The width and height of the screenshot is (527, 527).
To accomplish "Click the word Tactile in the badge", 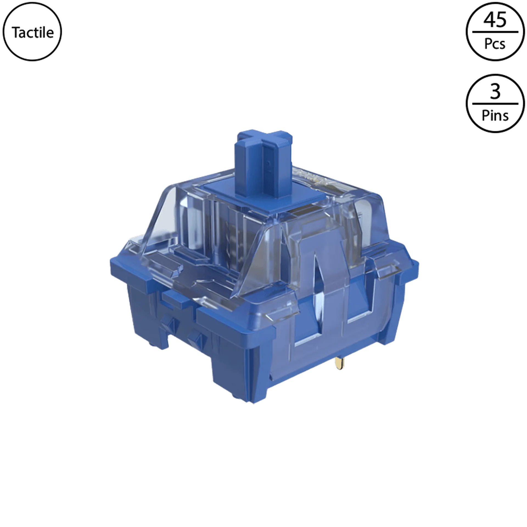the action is [33, 32].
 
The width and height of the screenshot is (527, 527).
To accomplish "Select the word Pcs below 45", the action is [495, 44].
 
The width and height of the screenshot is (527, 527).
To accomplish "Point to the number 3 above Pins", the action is [495, 92].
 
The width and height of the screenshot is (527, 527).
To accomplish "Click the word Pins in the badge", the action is [495, 116].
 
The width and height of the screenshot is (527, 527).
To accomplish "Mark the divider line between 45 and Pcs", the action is [495, 32].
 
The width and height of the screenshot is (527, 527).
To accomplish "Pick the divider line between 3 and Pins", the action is [495, 104].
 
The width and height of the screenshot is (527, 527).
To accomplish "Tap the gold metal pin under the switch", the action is [339, 363].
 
